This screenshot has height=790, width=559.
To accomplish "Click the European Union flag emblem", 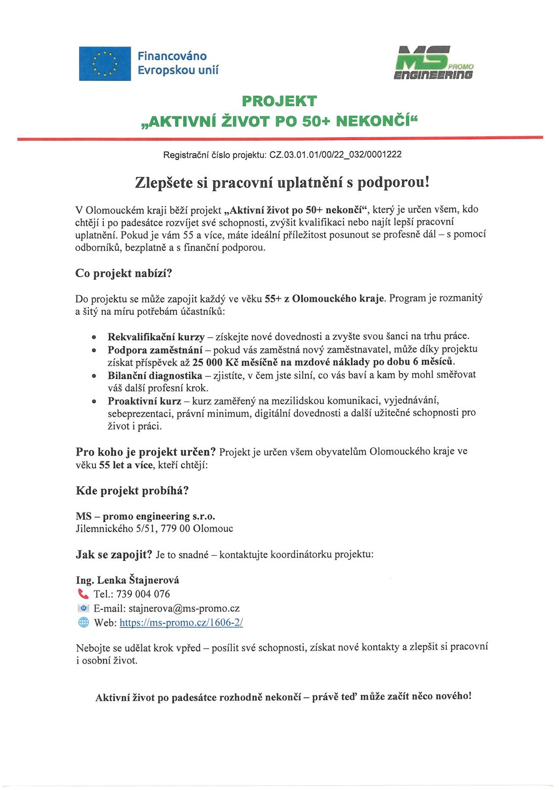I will [x=105, y=63].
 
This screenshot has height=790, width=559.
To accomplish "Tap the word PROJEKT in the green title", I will [x=279, y=101].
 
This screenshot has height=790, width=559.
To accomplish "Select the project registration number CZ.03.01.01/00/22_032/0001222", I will [x=336, y=155].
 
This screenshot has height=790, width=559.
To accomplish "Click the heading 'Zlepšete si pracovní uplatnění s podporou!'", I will [x=279, y=182].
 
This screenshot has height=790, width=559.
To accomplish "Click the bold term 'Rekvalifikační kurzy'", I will [x=156, y=337].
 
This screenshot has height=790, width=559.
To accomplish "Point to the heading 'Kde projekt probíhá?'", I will [x=132, y=491].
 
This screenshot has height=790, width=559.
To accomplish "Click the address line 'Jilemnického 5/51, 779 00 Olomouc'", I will [x=154, y=529].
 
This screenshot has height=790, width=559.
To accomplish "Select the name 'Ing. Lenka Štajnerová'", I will [x=128, y=580].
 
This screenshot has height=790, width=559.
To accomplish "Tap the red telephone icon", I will [x=83, y=593].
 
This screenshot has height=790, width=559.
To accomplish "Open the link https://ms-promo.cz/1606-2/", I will [x=181, y=623].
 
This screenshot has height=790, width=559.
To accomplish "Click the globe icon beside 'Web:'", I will [x=83, y=623].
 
